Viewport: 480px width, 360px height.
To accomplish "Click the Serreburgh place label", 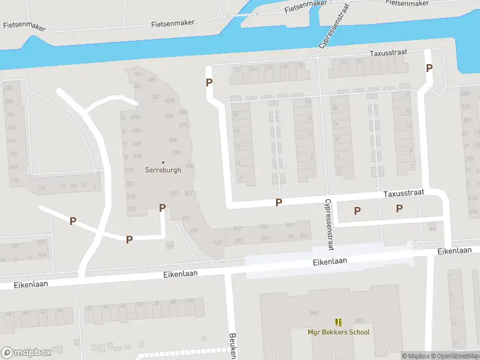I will (x=163, y=170).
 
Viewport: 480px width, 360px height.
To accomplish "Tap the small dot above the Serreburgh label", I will (x=163, y=162).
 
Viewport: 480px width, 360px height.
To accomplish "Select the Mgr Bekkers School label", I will (x=339, y=332).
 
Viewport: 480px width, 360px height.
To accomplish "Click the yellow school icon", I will (x=339, y=322).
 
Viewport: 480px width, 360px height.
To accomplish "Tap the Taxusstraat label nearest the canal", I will (x=388, y=53).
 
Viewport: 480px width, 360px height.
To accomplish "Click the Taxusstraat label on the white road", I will (x=404, y=193).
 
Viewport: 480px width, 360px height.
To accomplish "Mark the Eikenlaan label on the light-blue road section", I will (x=330, y=262).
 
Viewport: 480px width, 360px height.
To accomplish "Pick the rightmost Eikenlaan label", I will (x=454, y=250).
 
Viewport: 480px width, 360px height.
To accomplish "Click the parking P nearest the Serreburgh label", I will (x=162, y=208).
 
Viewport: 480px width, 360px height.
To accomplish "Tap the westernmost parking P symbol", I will (x=73, y=221).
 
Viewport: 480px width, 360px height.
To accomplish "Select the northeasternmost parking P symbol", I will (x=429, y=68).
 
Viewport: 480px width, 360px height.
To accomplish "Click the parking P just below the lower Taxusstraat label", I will (x=399, y=208).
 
